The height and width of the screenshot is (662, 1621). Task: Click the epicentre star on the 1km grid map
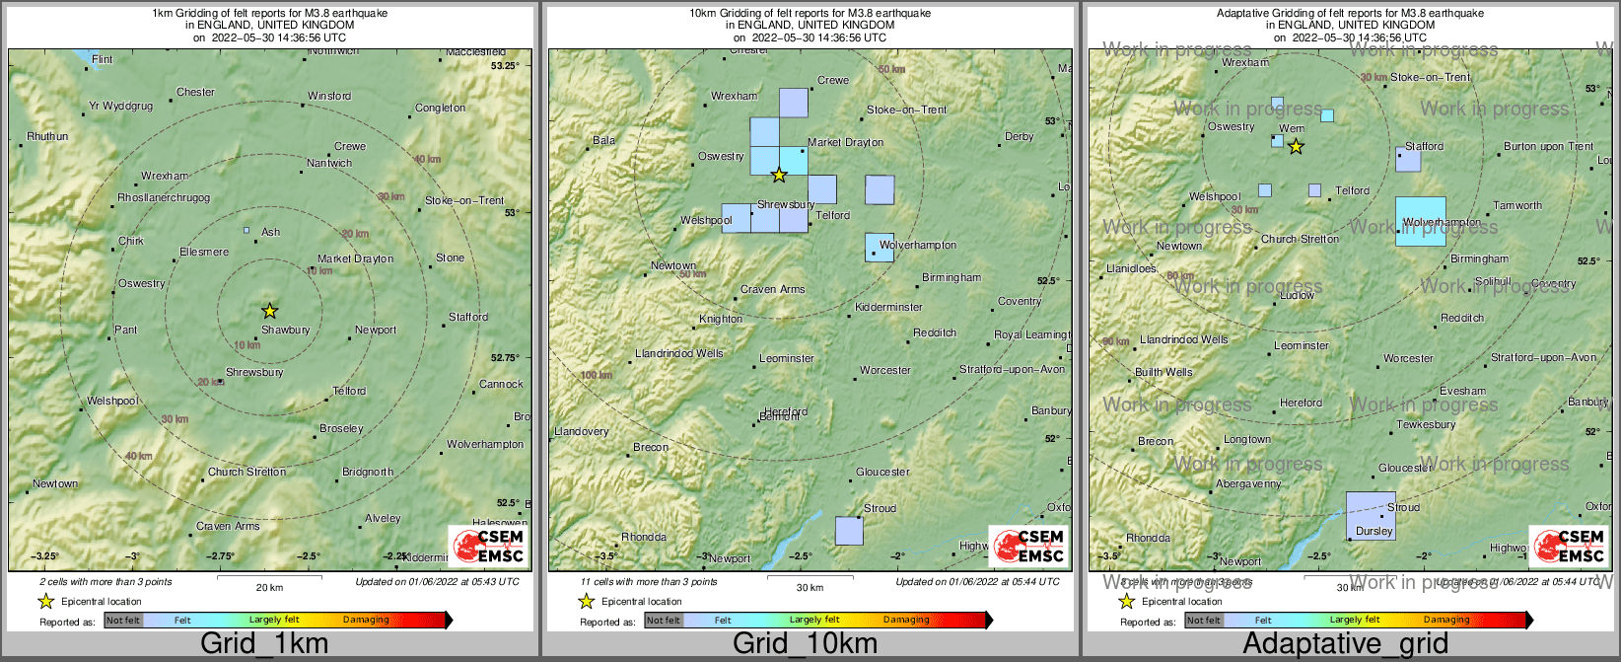click(x=269, y=311)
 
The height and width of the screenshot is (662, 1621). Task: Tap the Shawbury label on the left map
click(x=285, y=331)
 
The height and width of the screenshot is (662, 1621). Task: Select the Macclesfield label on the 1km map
click(x=475, y=52)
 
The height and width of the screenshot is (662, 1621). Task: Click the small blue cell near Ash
click(x=247, y=230)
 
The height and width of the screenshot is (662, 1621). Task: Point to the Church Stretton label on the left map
click(x=247, y=473)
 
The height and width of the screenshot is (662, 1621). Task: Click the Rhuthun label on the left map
click(x=47, y=137)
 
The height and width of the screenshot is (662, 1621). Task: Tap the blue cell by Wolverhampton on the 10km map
click(x=880, y=248)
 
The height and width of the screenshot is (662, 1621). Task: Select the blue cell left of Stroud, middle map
click(x=849, y=531)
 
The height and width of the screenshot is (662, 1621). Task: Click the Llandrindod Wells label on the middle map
click(x=678, y=353)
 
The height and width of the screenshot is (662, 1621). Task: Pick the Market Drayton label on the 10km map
click(x=845, y=143)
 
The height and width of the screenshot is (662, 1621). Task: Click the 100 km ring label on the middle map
click(x=597, y=376)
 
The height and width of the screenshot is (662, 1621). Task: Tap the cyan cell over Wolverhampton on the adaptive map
click(x=1421, y=221)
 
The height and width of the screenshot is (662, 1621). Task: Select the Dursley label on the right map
click(x=1374, y=531)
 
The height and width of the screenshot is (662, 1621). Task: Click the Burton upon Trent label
click(x=1548, y=147)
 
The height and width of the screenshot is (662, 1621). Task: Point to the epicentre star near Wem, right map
click(x=1296, y=147)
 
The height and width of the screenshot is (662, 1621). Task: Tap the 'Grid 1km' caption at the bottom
click(x=264, y=644)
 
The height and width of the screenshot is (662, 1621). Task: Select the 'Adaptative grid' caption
click(x=1345, y=644)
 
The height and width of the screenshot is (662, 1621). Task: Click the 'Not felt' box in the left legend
click(x=123, y=621)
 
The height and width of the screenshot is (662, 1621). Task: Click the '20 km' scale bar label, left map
click(x=269, y=587)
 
